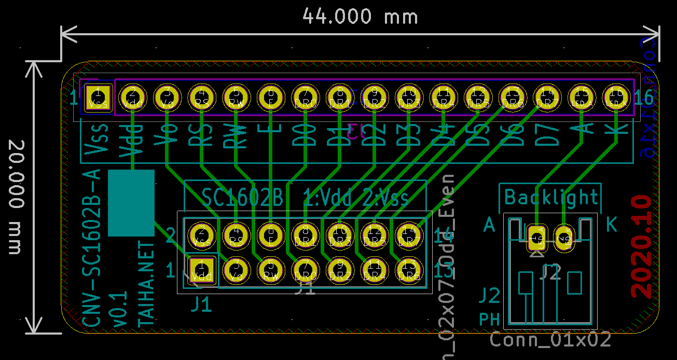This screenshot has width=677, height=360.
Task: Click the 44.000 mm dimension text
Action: (360, 17)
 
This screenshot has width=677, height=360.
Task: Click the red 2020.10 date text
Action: (642, 246)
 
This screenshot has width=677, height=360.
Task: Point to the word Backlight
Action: (551, 197)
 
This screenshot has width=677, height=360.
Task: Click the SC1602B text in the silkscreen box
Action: (242, 197)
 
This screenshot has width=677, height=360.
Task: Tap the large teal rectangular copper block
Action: (131, 203)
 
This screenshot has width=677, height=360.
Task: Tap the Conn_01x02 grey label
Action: (550, 340)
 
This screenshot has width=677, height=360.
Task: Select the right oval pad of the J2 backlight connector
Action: (565, 239)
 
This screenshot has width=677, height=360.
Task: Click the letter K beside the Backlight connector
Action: (612, 225)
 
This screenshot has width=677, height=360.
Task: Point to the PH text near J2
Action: (489, 319)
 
